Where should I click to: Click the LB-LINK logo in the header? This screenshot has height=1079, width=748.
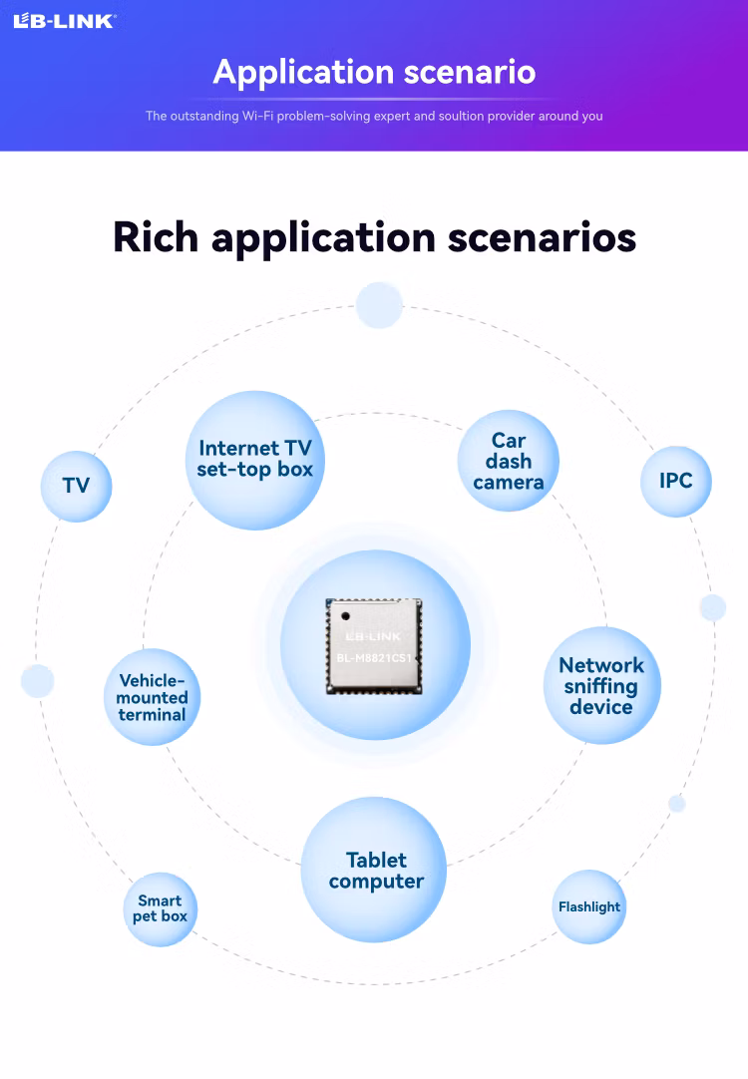[x=65, y=21]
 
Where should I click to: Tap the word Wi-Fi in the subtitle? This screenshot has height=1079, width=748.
[x=257, y=116]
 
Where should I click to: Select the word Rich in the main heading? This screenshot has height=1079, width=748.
[x=156, y=237]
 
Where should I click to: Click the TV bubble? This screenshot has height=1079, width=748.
[x=77, y=486]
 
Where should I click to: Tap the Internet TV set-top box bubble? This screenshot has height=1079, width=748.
[x=255, y=460]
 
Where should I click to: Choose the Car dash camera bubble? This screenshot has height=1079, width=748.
[x=509, y=461]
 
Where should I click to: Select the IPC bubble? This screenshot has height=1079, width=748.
[x=676, y=481]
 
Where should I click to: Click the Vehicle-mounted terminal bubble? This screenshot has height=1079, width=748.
[x=152, y=696]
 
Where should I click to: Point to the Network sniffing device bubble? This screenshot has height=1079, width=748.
[x=602, y=685]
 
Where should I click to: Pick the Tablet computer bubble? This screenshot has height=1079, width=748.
[x=374, y=870]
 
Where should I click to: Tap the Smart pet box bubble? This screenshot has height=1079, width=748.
[x=161, y=909]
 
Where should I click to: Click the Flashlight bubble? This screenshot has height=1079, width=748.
[x=589, y=906]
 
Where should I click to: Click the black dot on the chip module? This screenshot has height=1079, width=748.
[x=345, y=616]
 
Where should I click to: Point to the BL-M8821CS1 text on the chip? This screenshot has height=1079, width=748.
[x=374, y=658]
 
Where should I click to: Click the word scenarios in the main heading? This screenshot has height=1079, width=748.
[x=542, y=237]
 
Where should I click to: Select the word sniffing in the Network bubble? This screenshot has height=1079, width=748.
[x=600, y=687]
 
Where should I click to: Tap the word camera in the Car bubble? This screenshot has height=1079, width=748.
[x=509, y=483]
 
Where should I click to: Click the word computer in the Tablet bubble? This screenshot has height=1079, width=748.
[x=376, y=883]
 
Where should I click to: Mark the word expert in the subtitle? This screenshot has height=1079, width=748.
[x=392, y=117]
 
